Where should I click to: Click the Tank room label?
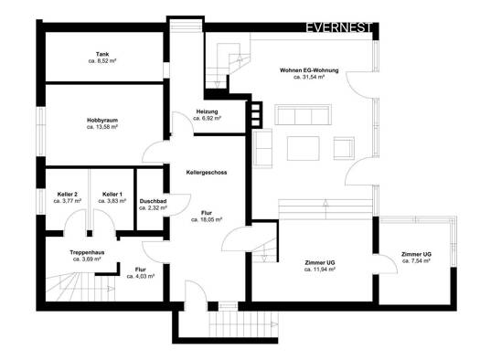point(102,54)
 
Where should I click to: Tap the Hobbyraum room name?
point(102,121)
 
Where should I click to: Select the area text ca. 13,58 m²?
point(102,127)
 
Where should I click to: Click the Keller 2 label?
point(68,195)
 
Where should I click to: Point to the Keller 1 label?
point(112,195)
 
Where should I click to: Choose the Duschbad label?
point(153,201)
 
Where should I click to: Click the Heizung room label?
point(208,111)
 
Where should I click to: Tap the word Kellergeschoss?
point(207,173)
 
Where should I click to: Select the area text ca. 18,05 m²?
point(207,219)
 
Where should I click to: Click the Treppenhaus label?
point(87,252)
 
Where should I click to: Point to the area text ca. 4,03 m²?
point(141,276)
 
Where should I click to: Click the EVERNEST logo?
point(339,27)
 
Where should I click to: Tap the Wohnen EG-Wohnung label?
point(309,70)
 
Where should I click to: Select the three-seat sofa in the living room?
point(303,115)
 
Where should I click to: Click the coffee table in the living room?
point(303,148)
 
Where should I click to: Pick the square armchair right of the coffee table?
point(344,148)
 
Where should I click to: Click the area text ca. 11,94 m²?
point(320,270)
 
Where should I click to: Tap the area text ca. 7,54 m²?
point(416,261)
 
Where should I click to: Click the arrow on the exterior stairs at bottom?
point(274,324)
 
